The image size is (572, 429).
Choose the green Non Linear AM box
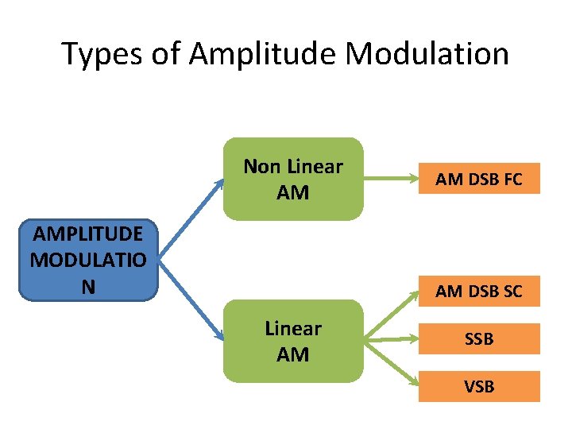(x=292, y=179)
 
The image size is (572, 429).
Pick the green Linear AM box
(x=292, y=341)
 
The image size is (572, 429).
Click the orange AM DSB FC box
(x=479, y=180)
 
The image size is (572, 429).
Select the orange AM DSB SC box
(x=479, y=292)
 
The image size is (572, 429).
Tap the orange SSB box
(x=479, y=339)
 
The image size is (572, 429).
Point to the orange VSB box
(x=479, y=386)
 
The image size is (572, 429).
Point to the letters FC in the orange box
(x=509, y=180)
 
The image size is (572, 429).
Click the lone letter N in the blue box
(x=88, y=286)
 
